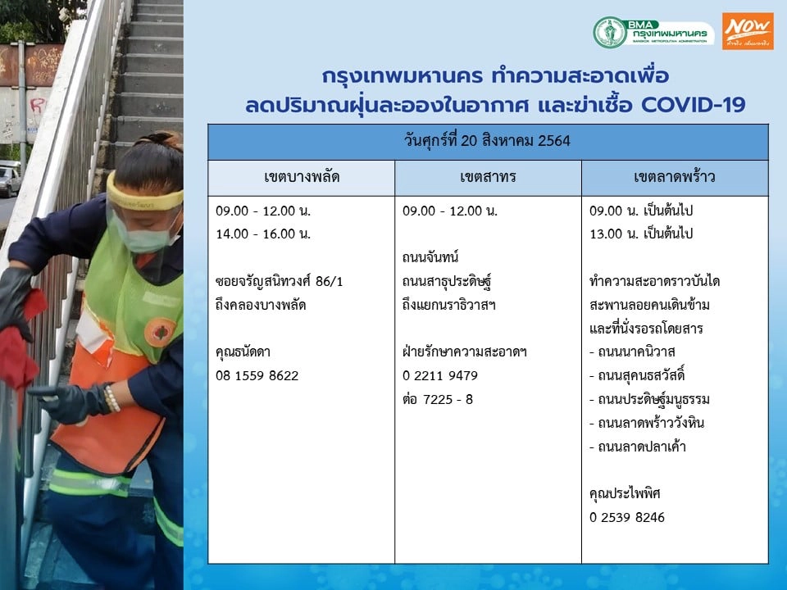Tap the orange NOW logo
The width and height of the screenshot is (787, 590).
[747, 31]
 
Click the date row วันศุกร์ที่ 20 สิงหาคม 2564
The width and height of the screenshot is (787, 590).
[488, 141]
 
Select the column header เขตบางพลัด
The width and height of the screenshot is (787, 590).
[302, 178]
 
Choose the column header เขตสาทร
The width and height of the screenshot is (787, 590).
[488, 178]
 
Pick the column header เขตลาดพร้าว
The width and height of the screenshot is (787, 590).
[675, 178]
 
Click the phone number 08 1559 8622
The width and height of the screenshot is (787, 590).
[257, 375]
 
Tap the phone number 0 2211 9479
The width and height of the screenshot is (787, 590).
[440, 375]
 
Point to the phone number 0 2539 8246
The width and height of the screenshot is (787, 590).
[627, 517]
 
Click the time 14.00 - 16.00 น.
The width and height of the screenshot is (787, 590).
[263, 234]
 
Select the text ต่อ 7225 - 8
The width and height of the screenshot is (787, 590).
[438, 399]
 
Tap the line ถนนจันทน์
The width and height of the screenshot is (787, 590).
[431, 257]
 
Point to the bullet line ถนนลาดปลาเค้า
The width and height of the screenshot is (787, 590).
[633, 447]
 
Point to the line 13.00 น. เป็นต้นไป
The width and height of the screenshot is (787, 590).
[642, 234]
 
